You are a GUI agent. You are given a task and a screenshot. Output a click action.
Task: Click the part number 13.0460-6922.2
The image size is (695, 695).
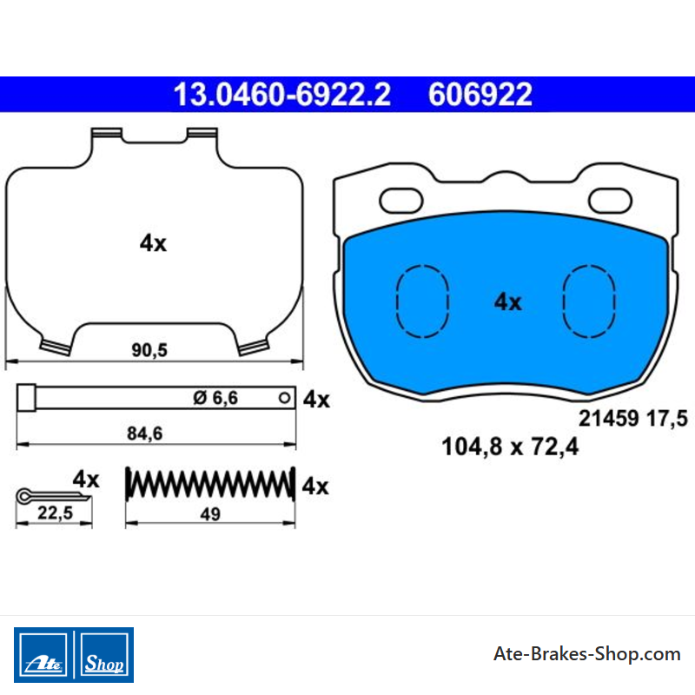pyautogui.click(x=281, y=95)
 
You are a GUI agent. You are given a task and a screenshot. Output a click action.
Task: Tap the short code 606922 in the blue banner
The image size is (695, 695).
pyautogui.click(x=480, y=95)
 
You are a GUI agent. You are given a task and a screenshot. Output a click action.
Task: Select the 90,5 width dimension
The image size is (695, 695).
pyautogui.click(x=149, y=350)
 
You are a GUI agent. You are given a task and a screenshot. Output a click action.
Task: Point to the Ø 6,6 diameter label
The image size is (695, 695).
pyautogui.click(x=215, y=398)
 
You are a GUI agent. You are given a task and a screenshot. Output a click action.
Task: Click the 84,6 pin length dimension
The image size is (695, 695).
pyautogui.click(x=145, y=434)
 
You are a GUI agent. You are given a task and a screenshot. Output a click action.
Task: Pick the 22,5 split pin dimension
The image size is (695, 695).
pyautogui.click(x=55, y=513)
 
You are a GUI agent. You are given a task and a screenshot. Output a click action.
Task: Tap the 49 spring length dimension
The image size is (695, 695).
pyautogui.click(x=210, y=514)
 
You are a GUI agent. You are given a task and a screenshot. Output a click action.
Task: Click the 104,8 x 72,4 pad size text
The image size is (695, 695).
pyautogui.click(x=510, y=447)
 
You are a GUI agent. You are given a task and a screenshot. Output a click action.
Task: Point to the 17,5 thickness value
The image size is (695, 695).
pyautogui.click(x=667, y=419)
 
